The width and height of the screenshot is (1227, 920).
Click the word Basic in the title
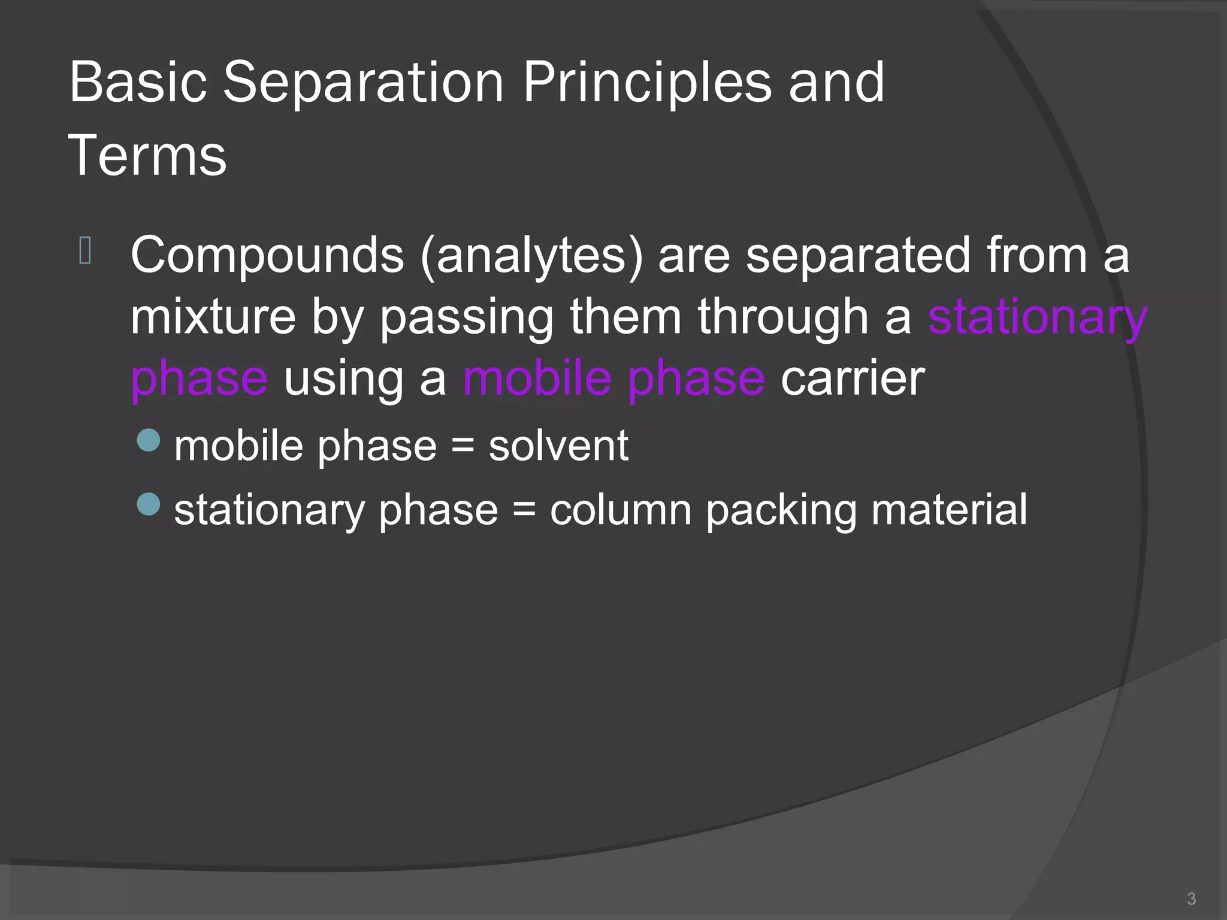click(x=138, y=82)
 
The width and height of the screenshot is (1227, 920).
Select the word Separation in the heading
click(x=363, y=82)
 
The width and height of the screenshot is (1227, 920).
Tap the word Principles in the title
click(x=647, y=82)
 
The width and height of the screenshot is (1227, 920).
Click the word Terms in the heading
click(x=147, y=156)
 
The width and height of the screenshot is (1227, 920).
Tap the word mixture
click(x=213, y=317)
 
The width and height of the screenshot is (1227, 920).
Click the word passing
click(x=467, y=318)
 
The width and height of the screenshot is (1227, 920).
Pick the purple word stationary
click(x=1037, y=318)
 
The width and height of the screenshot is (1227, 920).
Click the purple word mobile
click(x=537, y=379)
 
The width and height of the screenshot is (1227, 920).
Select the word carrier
click(x=853, y=379)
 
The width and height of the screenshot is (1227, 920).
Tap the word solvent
click(x=558, y=446)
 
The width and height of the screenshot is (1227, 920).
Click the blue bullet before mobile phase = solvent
click(x=149, y=440)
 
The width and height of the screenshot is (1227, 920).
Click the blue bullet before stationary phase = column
click(x=149, y=504)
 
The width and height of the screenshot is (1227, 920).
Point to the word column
click(x=620, y=510)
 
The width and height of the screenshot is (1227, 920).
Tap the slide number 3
click(x=1191, y=898)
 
